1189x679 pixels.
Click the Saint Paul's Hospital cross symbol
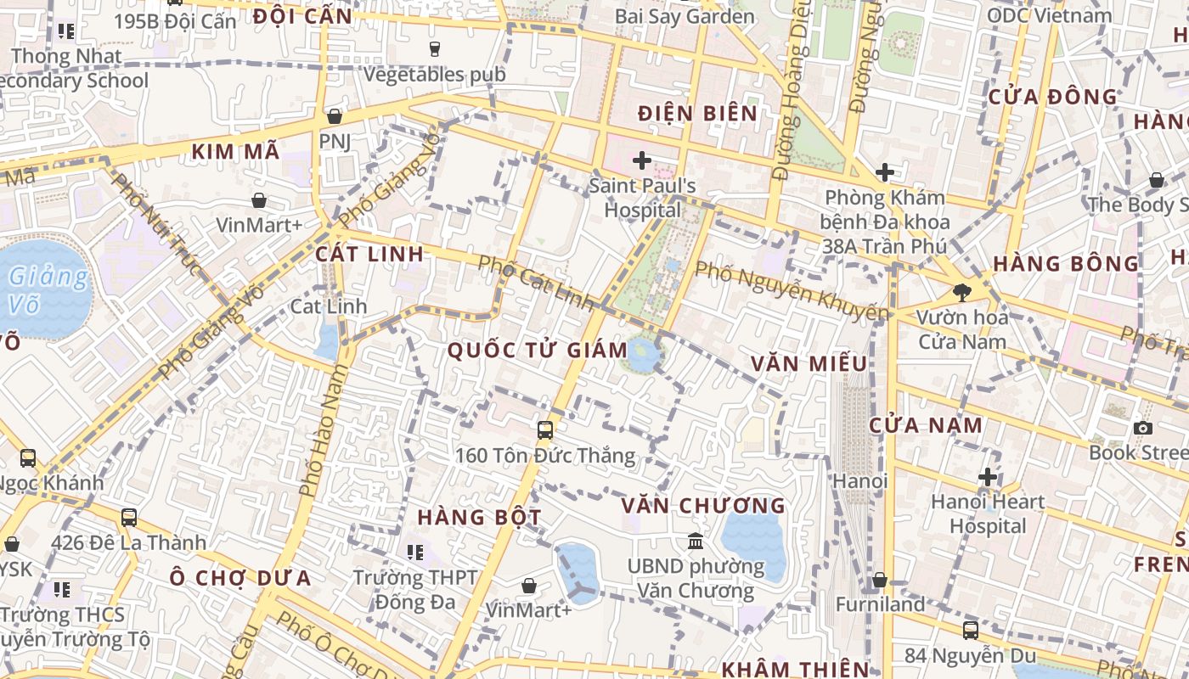click(642, 160)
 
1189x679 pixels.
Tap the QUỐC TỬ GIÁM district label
click(537, 350)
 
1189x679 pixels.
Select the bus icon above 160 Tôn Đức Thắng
click(545, 430)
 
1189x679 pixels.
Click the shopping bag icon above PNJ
click(335, 116)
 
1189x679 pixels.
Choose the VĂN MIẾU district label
click(809, 364)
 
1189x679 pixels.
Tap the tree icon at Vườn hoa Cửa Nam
click(962, 293)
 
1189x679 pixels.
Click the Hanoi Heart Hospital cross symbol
click(987, 476)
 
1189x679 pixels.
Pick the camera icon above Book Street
click(1143, 428)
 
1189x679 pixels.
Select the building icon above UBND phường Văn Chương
click(696, 541)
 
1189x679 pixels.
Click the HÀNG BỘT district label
click(467, 517)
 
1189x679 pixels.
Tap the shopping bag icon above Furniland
click(880, 580)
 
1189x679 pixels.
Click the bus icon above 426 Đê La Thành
click(129, 517)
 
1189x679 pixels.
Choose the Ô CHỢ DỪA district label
click(239, 579)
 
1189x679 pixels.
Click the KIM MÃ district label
click(235, 152)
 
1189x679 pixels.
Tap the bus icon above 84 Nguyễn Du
click(971, 630)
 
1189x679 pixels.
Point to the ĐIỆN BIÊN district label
click(697, 113)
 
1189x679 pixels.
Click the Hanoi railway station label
click(859, 481)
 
